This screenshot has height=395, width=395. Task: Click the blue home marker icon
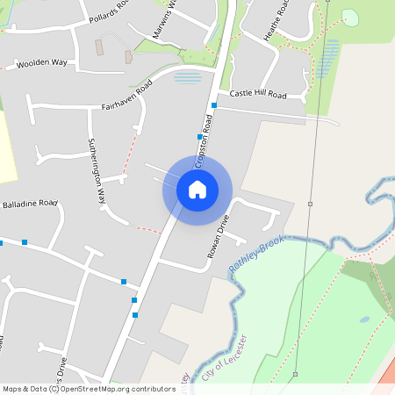197,189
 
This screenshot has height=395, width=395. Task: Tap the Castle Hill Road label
258,93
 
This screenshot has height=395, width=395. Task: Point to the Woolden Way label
42,64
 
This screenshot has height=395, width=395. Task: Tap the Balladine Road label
29,204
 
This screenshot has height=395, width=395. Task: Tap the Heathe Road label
277,20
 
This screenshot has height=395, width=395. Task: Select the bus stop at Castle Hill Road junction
213,105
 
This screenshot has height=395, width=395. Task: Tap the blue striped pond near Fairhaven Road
187,77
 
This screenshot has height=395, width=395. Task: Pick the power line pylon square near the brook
310,204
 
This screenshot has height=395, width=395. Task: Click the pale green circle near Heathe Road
349,18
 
